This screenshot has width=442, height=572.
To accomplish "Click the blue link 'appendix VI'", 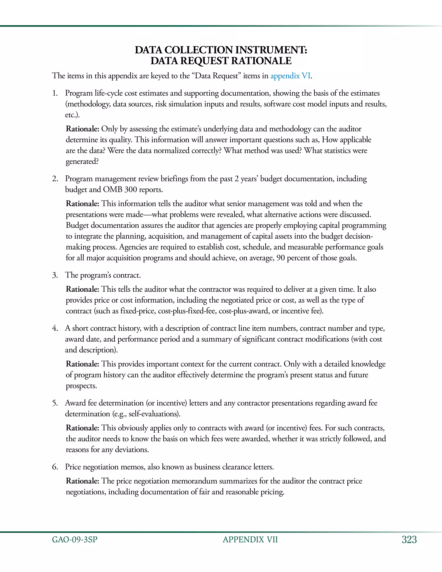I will coord(290,76).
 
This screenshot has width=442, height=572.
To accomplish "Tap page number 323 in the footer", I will coord(409,540).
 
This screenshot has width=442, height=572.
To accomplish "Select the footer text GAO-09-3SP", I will coord(75,540).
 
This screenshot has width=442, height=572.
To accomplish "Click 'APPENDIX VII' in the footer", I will coord(250,540).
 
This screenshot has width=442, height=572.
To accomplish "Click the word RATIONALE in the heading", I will coord(261,61).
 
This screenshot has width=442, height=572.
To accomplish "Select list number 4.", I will coord(55,328).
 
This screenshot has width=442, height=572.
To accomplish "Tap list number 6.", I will coord(55,467).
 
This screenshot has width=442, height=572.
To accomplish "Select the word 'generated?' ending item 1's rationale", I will coord(82,162).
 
